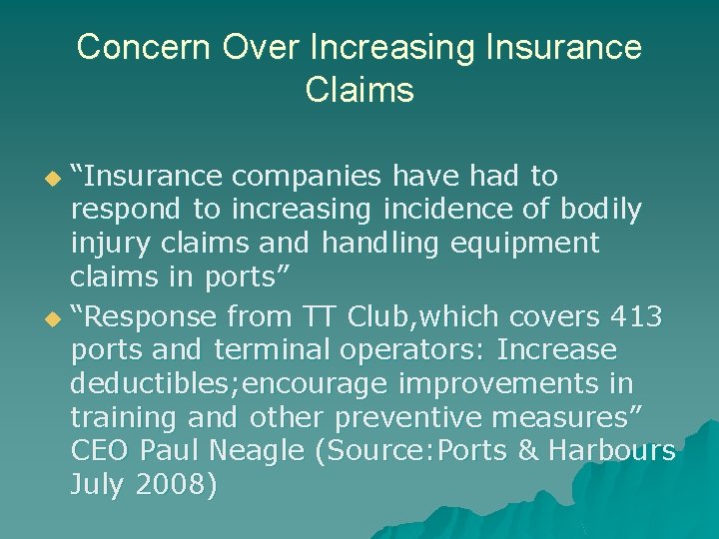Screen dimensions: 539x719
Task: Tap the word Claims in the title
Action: point(359,90)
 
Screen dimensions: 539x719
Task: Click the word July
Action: point(96,485)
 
